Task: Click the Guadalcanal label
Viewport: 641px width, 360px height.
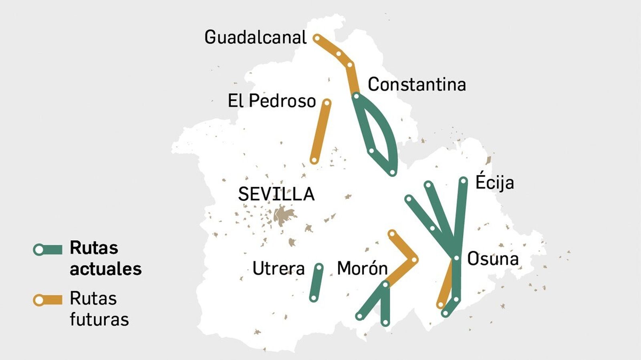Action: (x=255, y=37)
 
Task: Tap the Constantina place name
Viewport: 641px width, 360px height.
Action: (x=417, y=84)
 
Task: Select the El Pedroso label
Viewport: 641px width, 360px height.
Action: (x=272, y=101)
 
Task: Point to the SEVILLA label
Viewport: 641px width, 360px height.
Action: (x=276, y=194)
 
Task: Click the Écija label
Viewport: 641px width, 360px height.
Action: (x=494, y=182)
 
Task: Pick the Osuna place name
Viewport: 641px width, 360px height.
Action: (x=493, y=259)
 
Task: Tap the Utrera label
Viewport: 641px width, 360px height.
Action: (x=278, y=268)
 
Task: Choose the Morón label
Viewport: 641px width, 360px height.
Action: (x=362, y=268)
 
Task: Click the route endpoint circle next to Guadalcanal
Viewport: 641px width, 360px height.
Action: (x=316, y=38)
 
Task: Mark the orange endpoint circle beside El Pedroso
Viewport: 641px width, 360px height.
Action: (x=327, y=103)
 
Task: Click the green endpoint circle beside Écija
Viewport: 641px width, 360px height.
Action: (x=463, y=181)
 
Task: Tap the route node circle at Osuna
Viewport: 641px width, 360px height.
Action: (x=456, y=258)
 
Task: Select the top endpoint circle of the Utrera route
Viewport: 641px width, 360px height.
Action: (x=319, y=267)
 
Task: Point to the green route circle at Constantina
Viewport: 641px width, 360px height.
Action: (x=356, y=96)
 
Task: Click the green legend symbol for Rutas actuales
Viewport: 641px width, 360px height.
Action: (x=48, y=250)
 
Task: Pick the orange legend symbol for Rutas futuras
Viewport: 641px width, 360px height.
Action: (x=48, y=300)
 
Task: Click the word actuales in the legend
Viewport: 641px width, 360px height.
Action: (x=105, y=269)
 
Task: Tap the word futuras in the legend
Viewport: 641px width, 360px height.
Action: (x=99, y=320)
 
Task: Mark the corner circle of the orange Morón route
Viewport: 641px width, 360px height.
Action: (x=414, y=260)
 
